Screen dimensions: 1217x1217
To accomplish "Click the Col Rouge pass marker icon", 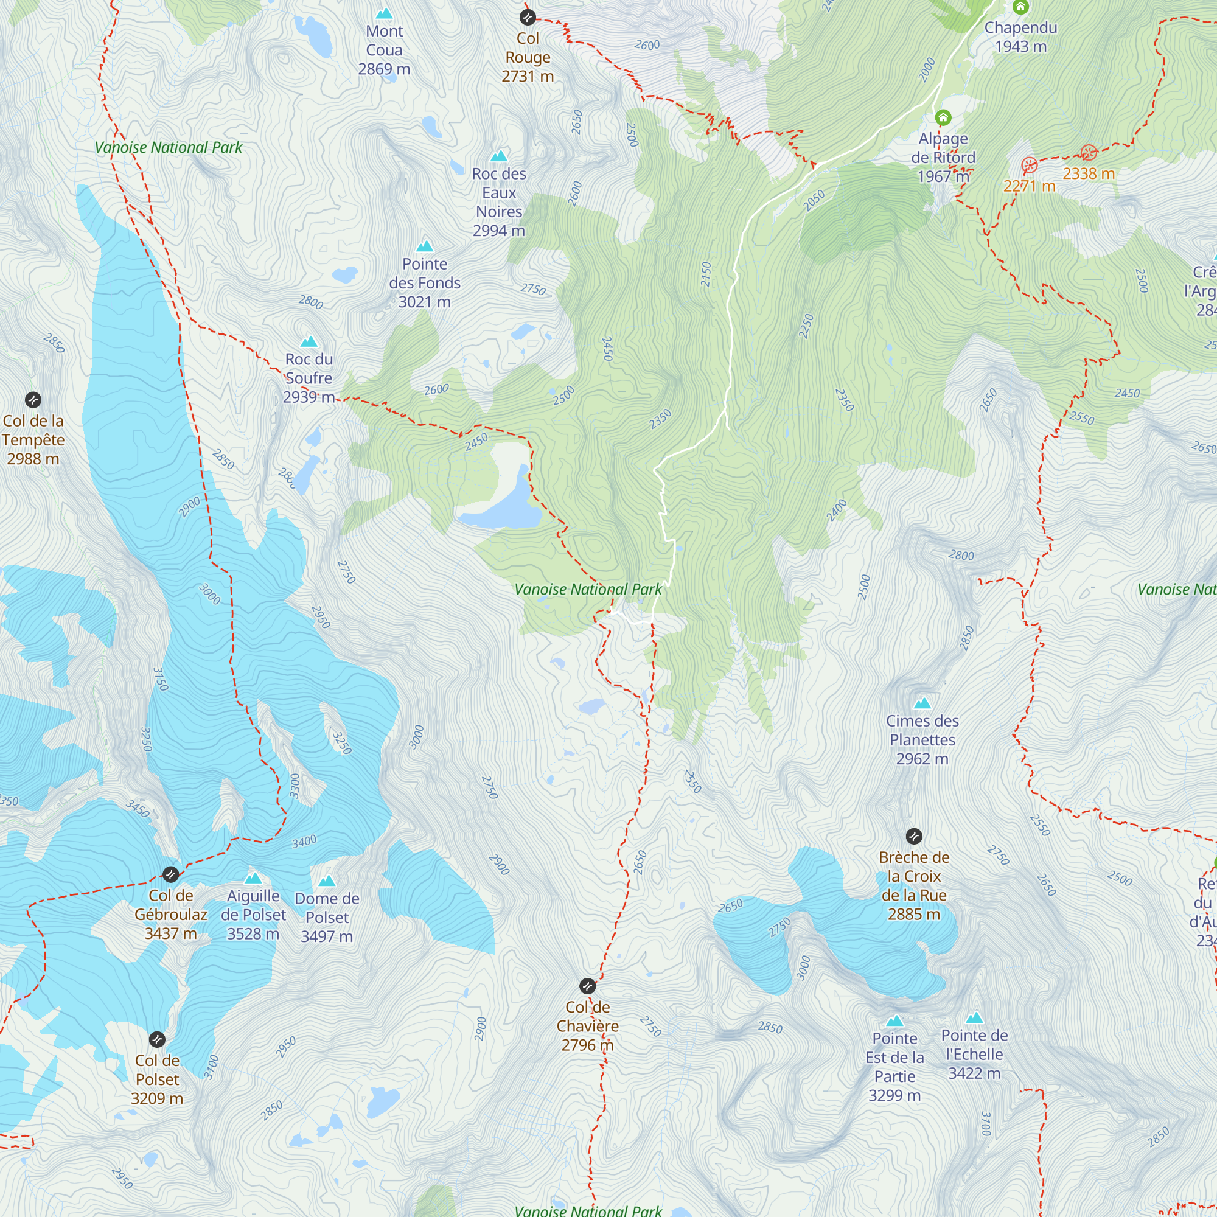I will coord(527,17).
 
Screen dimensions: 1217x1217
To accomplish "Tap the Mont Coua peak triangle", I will coord(383,13).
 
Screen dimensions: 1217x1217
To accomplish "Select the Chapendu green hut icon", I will coord(1020,7).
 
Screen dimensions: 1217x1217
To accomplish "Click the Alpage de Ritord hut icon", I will coord(943,117).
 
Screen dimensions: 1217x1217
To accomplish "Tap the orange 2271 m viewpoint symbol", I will coord(1030,166).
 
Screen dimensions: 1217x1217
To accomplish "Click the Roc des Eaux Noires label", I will coord(499,201).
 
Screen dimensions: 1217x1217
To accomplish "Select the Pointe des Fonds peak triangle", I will coord(425,246).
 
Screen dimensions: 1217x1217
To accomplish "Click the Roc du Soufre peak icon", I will coord(309,341).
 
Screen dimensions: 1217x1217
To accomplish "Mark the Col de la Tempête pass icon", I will coord(33,399).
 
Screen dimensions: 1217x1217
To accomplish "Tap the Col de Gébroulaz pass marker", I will coord(171,874).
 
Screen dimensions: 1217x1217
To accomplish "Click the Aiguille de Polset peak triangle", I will coord(253,878).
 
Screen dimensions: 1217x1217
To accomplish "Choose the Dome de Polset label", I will coord(326,917).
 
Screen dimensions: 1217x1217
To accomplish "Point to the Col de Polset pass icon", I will coord(157,1039).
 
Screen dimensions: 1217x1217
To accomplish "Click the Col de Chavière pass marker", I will coord(587,986).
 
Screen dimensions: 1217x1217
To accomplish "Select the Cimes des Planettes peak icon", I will coord(922,703).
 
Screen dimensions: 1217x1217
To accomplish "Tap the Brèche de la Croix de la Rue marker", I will coord(914,837).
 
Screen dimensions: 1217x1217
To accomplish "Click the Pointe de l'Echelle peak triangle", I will coord(974,1017).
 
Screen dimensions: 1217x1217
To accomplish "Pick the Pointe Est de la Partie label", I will coord(894,1067).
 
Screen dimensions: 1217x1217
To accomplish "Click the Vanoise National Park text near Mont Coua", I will coord(168,147).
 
